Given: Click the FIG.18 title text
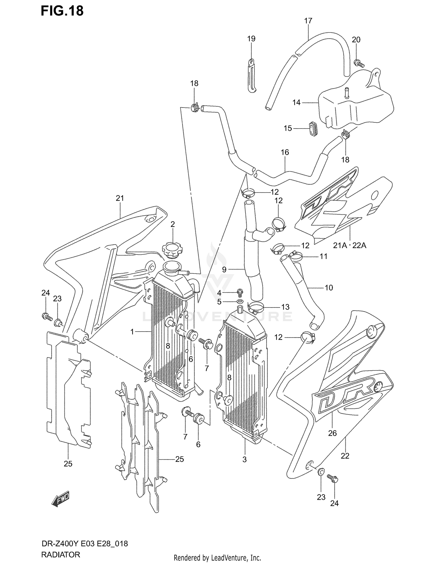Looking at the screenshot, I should (x=62, y=11).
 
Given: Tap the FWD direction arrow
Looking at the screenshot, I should (x=61, y=500).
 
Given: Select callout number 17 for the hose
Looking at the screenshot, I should (x=308, y=21).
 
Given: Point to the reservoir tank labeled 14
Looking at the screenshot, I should (x=355, y=104).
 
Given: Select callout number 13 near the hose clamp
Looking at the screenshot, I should (x=285, y=307).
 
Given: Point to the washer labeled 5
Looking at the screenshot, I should (x=240, y=302).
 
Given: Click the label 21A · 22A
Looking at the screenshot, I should (x=349, y=245).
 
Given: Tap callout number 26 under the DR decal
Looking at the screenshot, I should (x=332, y=433).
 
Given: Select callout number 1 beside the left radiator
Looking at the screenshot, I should (x=132, y=332).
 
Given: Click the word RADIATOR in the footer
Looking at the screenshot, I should (x=61, y=555).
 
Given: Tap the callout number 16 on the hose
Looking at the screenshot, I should (x=285, y=152).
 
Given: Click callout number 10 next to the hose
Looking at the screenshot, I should (x=329, y=287).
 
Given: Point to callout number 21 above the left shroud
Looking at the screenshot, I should (x=120, y=198).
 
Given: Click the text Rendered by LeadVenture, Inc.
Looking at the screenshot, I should (x=217, y=557).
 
